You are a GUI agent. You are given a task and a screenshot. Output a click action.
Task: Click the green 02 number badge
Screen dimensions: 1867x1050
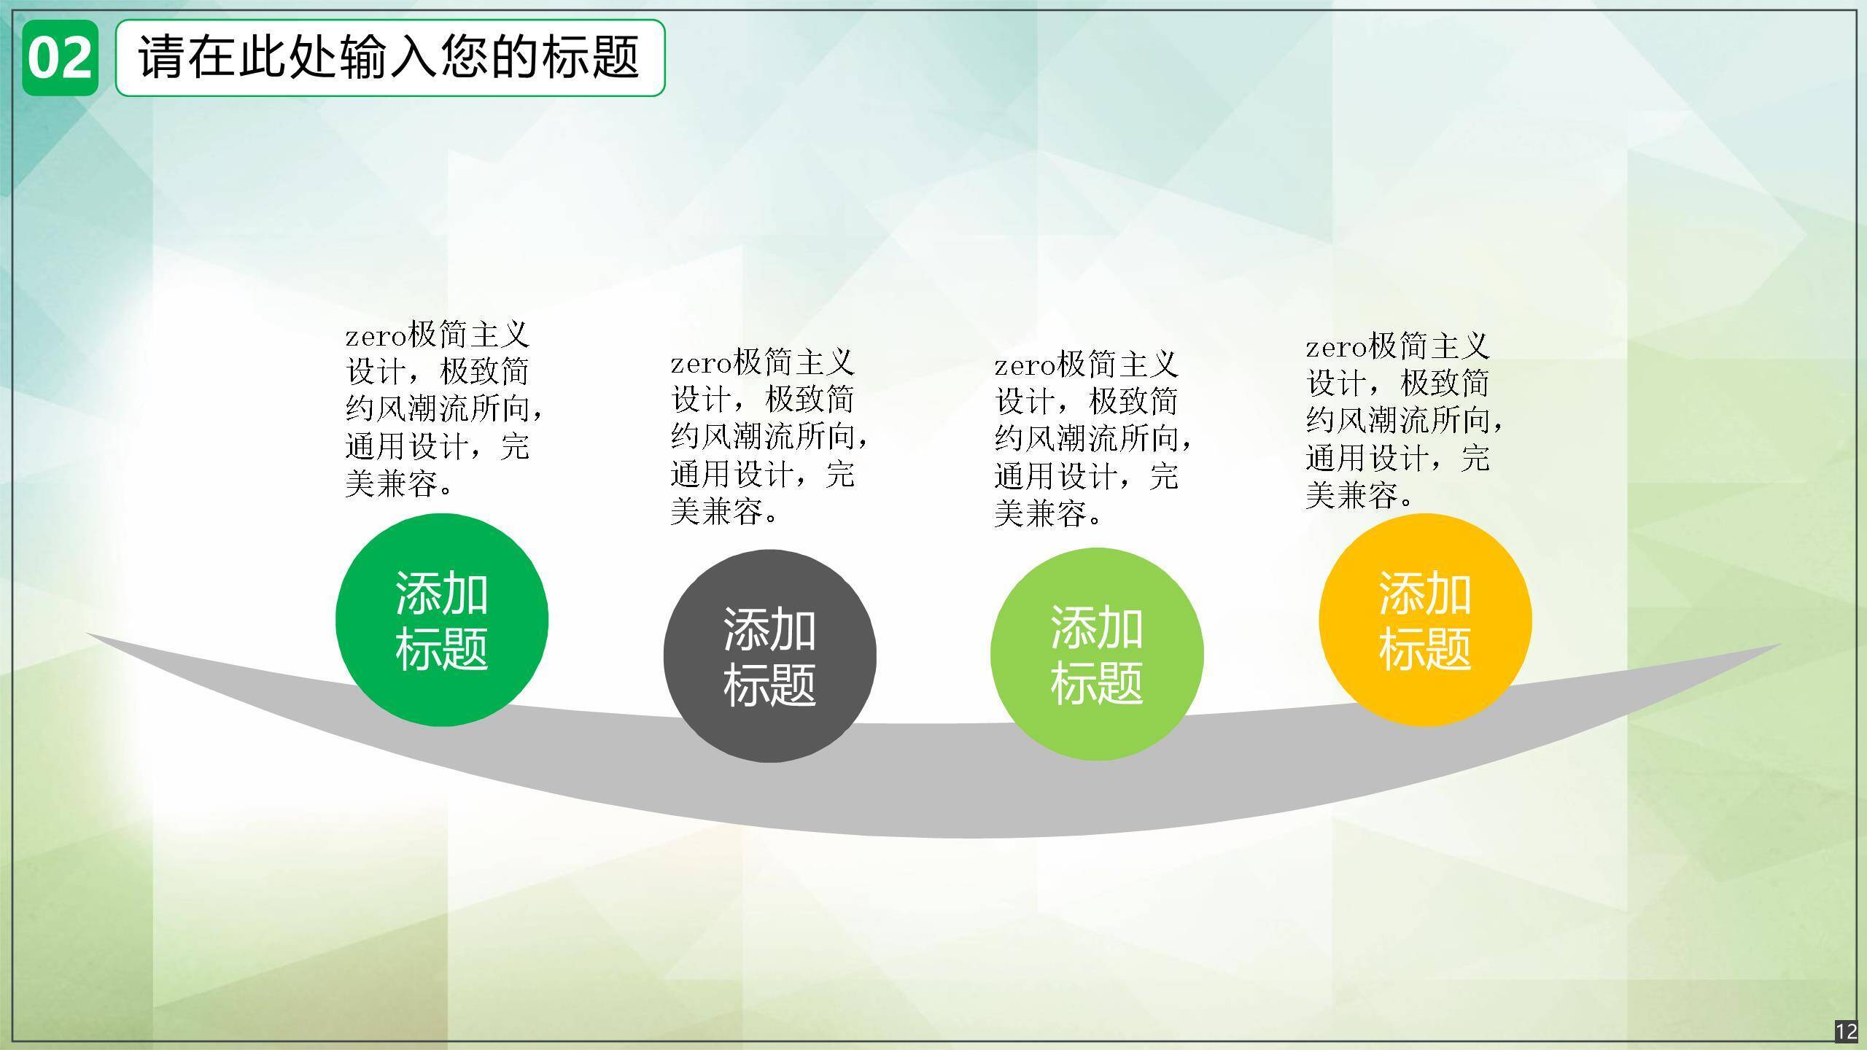[x=60, y=58]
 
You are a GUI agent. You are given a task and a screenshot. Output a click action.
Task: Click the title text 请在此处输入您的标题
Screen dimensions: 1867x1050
[x=389, y=57]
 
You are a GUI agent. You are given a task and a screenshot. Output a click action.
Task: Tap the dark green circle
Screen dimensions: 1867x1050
[x=442, y=620]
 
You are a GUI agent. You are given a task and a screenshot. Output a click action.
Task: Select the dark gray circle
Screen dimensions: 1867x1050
[x=769, y=656]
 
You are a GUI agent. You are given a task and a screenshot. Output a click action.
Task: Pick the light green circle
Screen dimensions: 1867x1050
[x=1097, y=655]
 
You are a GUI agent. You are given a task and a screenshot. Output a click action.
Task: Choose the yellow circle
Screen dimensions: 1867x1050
[x=1425, y=621]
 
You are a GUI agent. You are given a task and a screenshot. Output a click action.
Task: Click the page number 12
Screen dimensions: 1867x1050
[x=1847, y=1032]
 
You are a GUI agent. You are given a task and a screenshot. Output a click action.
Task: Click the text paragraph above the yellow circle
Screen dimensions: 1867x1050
[x=1405, y=420]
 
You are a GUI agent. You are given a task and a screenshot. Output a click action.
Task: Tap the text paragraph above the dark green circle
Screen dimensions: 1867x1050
[x=444, y=409]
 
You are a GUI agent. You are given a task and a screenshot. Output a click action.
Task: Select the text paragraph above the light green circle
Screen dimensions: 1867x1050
[x=1093, y=439]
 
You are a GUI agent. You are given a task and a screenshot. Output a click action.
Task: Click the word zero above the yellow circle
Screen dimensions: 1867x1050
[x=1336, y=348]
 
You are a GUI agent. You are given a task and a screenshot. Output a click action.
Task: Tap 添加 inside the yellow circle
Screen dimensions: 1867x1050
[x=1425, y=593]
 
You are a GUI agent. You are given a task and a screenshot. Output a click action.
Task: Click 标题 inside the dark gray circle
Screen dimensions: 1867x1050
[x=769, y=684]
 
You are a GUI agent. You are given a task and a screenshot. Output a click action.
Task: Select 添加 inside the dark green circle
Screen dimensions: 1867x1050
[x=442, y=593]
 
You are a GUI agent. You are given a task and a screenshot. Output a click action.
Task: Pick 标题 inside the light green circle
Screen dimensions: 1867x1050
[x=1097, y=682]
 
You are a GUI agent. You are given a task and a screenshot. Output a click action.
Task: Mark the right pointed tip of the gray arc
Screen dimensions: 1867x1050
[x=1781, y=645]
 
